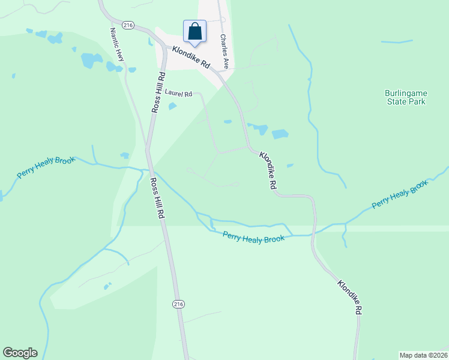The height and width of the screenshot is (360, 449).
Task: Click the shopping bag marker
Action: pyautogui.click(x=194, y=32)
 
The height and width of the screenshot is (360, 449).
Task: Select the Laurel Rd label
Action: pyautogui.click(x=178, y=94)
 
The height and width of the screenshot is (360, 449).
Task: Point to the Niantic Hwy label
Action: pyautogui.click(x=116, y=44)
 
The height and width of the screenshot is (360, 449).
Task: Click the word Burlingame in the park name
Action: pyautogui.click(x=405, y=93)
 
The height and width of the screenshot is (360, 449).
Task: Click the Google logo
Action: pyautogui.click(x=20, y=353)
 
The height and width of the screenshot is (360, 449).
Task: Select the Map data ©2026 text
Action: pyautogui.click(x=423, y=355)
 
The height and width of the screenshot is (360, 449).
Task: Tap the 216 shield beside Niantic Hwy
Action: pyautogui.click(x=127, y=25)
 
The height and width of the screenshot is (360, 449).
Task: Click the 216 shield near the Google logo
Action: pyautogui.click(x=178, y=304)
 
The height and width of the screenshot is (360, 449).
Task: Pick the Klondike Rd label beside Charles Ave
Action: pyautogui.click(x=191, y=58)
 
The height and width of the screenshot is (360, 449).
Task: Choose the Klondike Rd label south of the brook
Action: pyautogui.click(x=349, y=297)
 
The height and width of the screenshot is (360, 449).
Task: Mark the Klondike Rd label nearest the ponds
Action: pyautogui.click(x=268, y=171)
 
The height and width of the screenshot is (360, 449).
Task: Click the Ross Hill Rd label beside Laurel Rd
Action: pyautogui.click(x=157, y=92)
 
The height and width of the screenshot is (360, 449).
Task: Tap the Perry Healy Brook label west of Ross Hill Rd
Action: pyautogui.click(x=46, y=167)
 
